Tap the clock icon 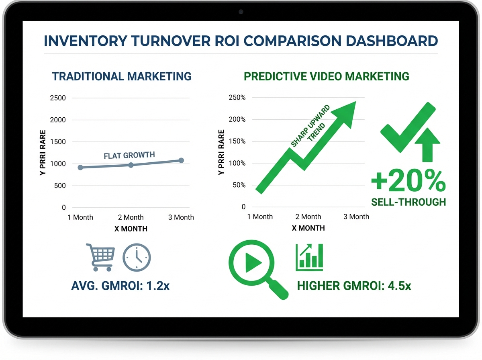(137, 257)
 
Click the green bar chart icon (309, 258)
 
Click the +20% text (408, 182)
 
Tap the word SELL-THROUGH (408, 202)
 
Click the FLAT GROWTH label (129, 155)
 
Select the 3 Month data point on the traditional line (181, 160)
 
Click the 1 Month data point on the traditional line (80, 167)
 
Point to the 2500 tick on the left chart (57, 98)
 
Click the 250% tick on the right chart (237, 98)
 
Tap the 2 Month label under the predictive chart (308, 217)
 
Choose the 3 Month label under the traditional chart (181, 217)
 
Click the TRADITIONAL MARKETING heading (122, 76)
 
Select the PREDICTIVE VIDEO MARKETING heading (327, 76)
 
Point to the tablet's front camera (241, 12)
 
